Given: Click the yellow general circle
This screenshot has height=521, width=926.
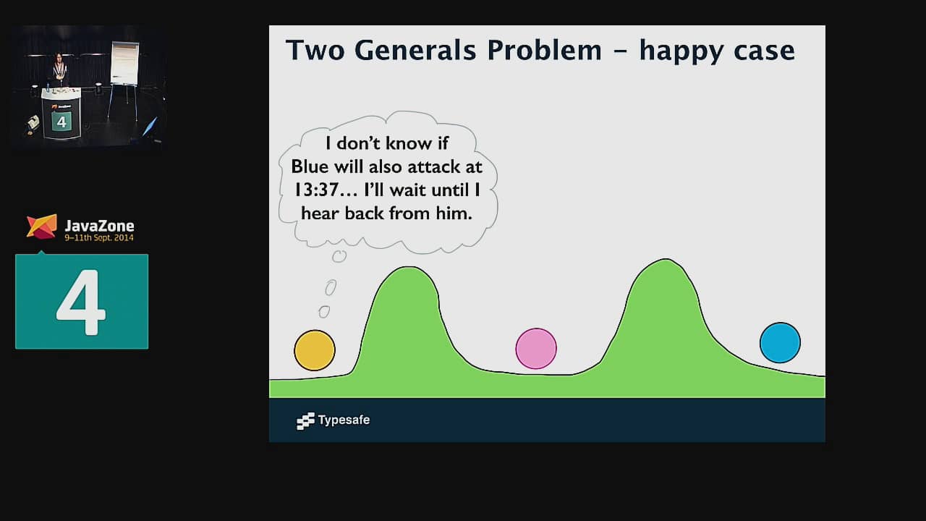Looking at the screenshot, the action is [x=315, y=350].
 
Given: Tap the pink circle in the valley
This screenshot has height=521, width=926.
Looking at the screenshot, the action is [x=536, y=349].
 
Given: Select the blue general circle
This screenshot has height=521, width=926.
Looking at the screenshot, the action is [x=780, y=343].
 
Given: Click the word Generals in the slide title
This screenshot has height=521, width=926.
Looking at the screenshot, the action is [x=415, y=50].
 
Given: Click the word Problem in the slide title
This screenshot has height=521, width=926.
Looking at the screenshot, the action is [x=544, y=50].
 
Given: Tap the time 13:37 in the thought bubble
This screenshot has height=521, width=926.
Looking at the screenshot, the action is [x=315, y=190].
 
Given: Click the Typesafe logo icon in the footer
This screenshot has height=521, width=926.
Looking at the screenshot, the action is [x=305, y=421].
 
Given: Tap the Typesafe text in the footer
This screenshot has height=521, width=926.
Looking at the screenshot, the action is [x=344, y=420].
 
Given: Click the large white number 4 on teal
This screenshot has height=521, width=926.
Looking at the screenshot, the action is [x=81, y=302].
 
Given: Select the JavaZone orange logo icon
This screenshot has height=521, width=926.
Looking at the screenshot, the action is [x=42, y=226].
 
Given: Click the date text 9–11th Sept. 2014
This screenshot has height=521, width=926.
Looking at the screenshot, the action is [x=99, y=238].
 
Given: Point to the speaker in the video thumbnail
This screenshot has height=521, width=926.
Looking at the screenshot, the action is [x=60, y=69].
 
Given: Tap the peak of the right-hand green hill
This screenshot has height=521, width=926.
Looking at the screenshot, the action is [x=666, y=259].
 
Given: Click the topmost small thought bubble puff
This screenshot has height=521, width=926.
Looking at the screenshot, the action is [x=339, y=256].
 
